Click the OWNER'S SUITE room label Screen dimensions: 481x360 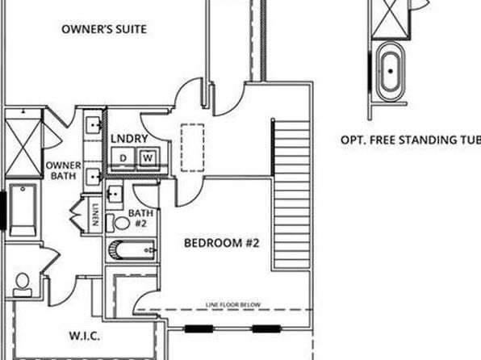coord(104,29)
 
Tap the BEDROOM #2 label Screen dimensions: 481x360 coord(221,243)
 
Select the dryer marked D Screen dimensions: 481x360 coord(123,158)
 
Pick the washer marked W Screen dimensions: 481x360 coord(148,158)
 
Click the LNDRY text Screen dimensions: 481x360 coord(129,139)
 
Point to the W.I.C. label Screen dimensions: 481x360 coord(85,336)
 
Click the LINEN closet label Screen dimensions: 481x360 coord(96,215)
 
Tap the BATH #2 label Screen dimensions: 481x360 coord(140,218)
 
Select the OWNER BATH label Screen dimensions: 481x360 coord(64,170)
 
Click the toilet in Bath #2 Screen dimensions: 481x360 coord(118,223)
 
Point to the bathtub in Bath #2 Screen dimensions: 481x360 coord(132,250)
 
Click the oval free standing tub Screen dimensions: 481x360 coord(390,72)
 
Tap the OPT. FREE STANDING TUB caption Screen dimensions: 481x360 coord(411,140)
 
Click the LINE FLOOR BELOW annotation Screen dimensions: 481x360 coord(232,305)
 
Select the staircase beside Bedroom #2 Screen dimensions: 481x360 coord(291,195)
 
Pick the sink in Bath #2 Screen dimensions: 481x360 coord(115,194)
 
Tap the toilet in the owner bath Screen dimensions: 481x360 coord(22,286)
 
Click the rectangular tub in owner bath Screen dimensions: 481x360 coord(23,210)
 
